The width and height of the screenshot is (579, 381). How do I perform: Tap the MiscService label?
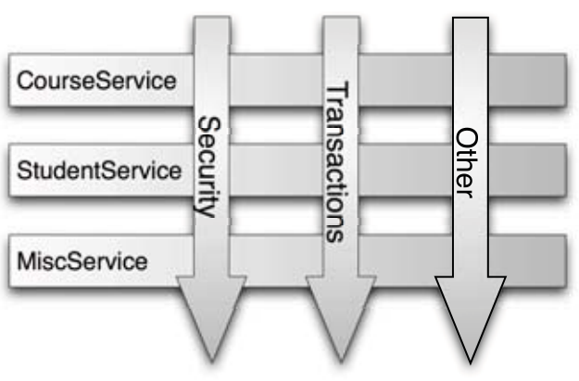(82, 260)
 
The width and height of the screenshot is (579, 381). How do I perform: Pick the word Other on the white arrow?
(466, 164)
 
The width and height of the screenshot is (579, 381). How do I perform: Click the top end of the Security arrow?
(212, 20)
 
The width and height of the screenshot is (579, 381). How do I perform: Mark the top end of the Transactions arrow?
(340, 20)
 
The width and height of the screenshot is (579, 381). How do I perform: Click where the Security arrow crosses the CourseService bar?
(212, 81)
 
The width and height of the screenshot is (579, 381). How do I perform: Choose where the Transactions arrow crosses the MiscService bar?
(340, 260)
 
